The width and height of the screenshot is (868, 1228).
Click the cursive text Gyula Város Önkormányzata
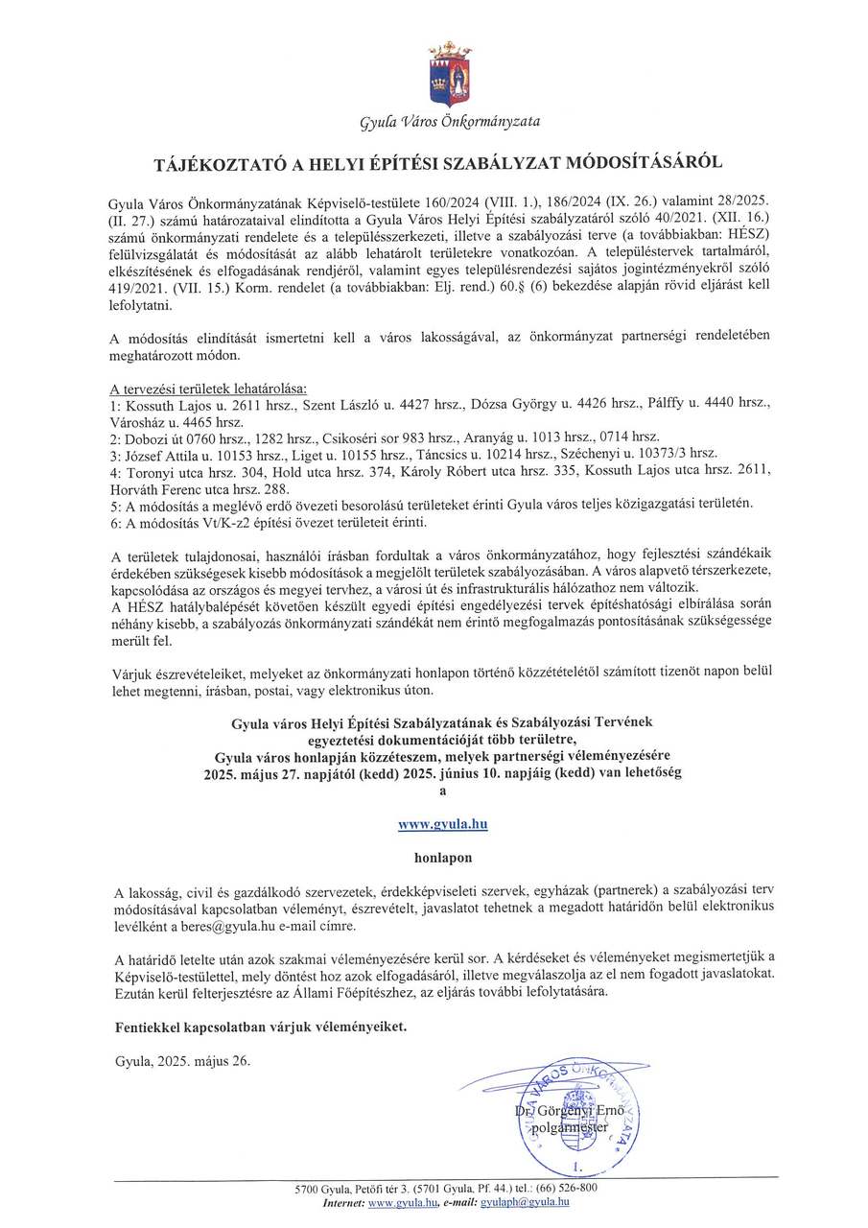[x=449, y=122]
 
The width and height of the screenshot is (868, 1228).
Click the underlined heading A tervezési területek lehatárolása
[x=209, y=389]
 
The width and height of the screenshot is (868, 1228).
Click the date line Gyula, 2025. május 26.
[x=181, y=1061]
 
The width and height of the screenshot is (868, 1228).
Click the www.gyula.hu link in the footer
[x=402, y=1201]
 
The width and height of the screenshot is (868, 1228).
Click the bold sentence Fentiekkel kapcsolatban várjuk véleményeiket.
[x=260, y=1026]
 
